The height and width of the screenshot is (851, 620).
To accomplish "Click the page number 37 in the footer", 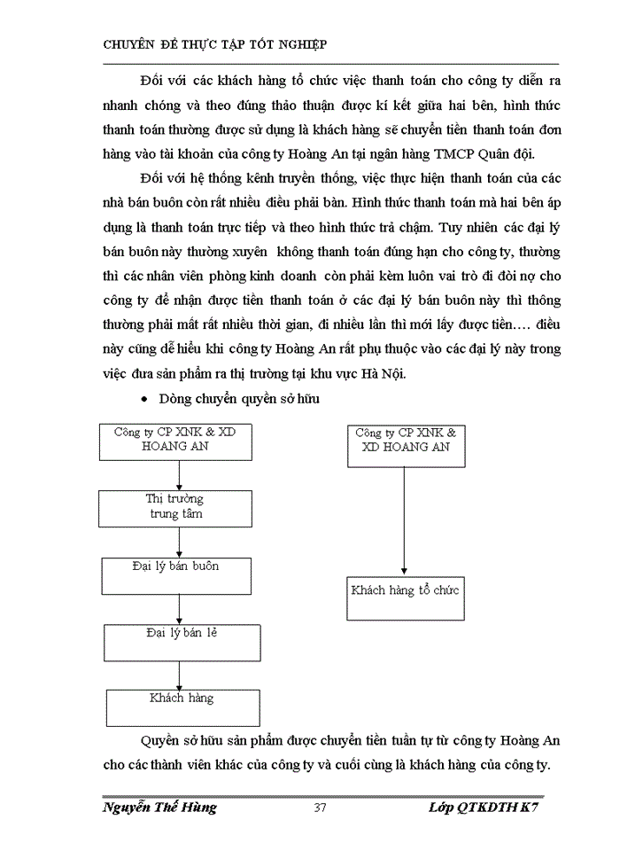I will pos(322,808).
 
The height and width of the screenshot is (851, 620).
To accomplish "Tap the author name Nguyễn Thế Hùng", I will pos(159,808).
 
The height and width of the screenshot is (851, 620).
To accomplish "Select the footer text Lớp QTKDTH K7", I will pos(482,808).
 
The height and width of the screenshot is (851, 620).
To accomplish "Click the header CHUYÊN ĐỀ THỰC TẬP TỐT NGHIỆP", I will pos(216,44).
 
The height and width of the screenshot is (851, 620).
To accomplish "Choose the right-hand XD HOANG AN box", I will pos(405,445).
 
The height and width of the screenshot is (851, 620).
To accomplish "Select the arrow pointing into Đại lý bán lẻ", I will pos(179,608).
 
